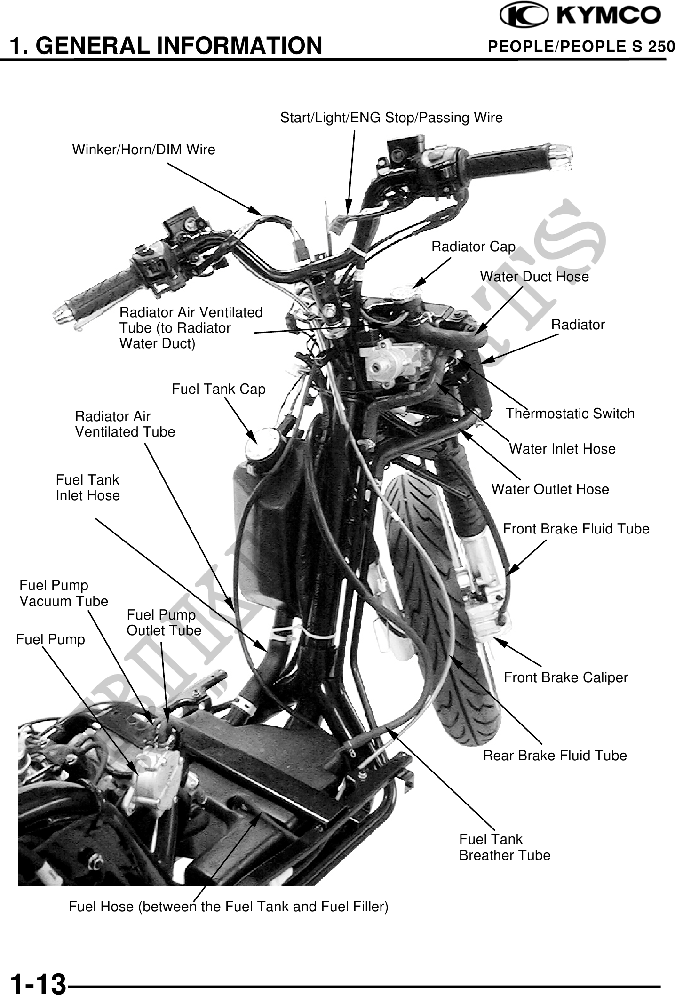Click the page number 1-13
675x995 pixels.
point(38,983)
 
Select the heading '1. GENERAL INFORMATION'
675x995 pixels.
point(166,46)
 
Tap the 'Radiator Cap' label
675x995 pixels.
point(473,247)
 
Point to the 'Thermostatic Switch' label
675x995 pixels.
point(570,414)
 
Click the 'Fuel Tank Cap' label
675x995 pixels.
point(218,389)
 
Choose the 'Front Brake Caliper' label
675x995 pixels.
point(565,677)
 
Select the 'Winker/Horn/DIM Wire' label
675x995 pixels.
point(143,150)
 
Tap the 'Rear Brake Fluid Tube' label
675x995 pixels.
point(555,756)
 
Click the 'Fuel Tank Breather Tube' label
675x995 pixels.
point(504,847)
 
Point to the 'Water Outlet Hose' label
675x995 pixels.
point(550,489)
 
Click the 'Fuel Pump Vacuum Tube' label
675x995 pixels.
point(64,593)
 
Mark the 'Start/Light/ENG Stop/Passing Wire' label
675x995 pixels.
point(391,118)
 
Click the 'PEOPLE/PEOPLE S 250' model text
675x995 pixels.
point(581,47)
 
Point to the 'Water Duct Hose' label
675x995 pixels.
point(534,277)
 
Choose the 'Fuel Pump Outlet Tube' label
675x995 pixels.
point(164,622)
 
